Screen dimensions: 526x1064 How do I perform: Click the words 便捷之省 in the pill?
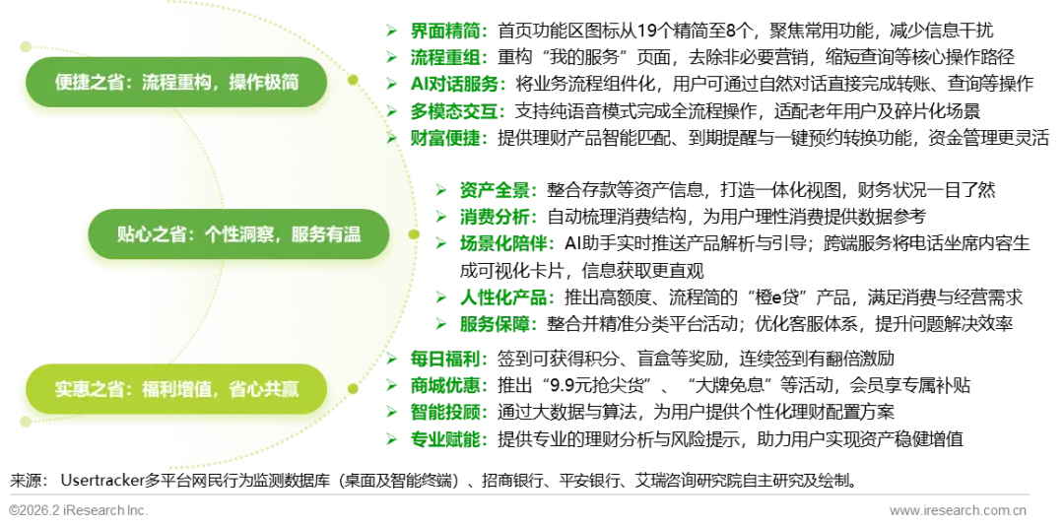(89, 83)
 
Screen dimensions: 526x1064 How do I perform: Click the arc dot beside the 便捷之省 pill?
(353, 81)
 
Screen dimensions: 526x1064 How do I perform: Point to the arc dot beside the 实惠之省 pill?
(351, 390)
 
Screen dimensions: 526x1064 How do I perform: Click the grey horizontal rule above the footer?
(520, 493)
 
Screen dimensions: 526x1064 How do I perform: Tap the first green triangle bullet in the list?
(391, 31)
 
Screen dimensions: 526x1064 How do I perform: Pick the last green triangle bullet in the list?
(391, 439)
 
